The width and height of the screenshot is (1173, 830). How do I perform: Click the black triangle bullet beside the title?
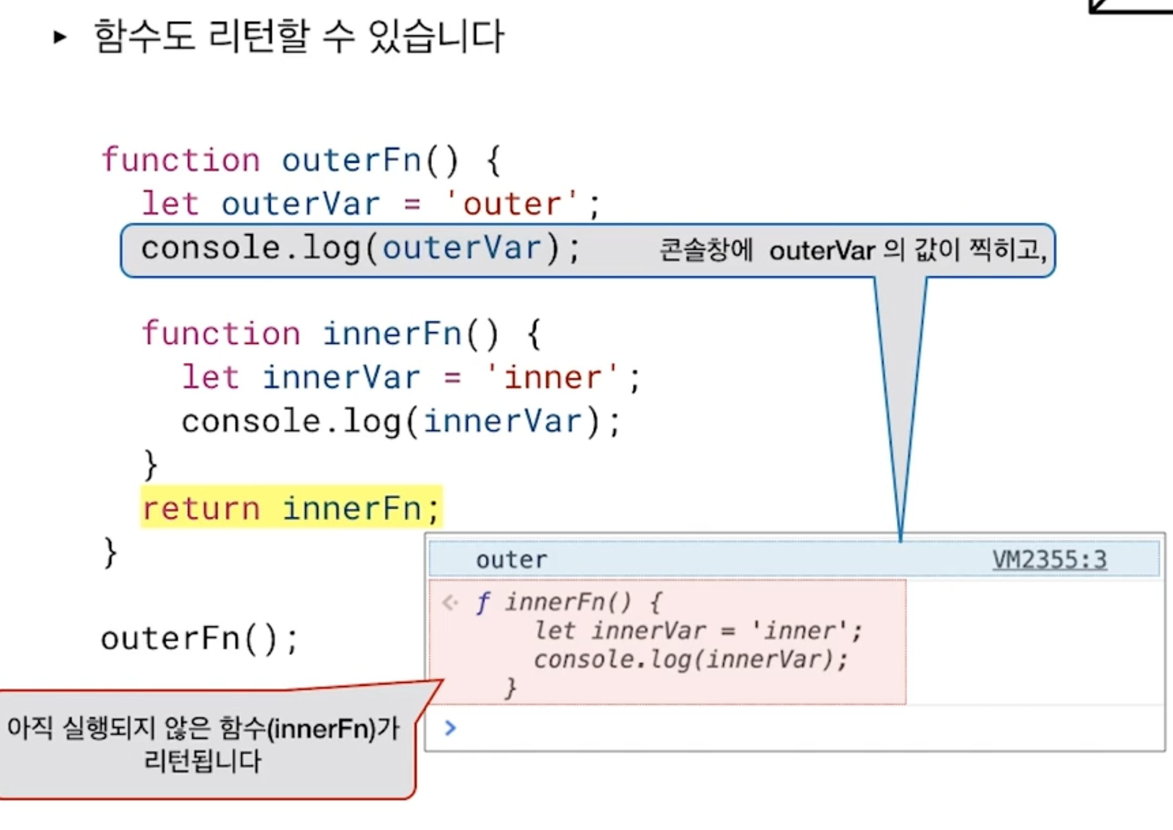click(60, 37)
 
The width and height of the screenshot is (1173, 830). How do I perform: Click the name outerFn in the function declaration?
click(351, 161)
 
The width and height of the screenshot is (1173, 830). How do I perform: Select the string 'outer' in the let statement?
click(511, 205)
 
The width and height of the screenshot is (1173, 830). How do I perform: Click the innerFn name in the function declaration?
click(392, 334)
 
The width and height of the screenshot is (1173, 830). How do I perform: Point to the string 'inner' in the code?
click(552, 378)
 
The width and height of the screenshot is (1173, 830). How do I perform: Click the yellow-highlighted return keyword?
click(201, 509)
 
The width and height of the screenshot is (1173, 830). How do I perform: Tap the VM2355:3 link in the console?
click(1049, 559)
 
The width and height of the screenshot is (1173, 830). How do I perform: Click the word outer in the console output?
click(511, 560)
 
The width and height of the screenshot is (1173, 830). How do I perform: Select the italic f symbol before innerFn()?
click(482, 602)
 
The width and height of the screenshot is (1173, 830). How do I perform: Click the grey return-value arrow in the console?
click(450, 602)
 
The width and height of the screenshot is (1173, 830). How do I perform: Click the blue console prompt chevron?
click(450, 728)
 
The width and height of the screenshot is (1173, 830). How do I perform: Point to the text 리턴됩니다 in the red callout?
click(202, 761)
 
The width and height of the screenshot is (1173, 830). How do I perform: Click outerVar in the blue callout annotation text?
click(822, 251)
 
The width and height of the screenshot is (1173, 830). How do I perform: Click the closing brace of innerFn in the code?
click(150, 465)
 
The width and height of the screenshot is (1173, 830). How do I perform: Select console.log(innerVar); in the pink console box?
click(691, 660)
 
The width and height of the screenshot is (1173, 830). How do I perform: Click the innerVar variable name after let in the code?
click(341, 378)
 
